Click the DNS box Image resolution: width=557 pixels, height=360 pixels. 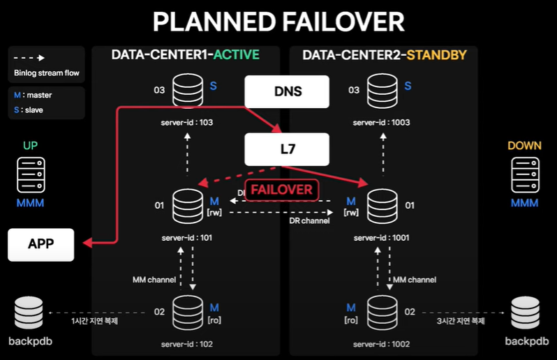(x=286, y=91)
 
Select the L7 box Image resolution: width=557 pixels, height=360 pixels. (x=286, y=148)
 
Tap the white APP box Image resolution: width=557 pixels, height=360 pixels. (x=40, y=244)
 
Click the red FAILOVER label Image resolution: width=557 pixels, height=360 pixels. (x=281, y=189)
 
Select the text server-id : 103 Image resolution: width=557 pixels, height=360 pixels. (x=186, y=122)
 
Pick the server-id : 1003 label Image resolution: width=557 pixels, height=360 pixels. (x=381, y=122)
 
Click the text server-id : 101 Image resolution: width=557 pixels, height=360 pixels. (x=186, y=237)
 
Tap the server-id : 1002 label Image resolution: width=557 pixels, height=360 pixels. (x=381, y=344)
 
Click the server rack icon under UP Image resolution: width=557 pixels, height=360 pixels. (x=31, y=174)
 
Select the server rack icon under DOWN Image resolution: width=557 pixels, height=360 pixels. (x=525, y=174)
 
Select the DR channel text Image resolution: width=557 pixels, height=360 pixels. (x=309, y=220)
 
